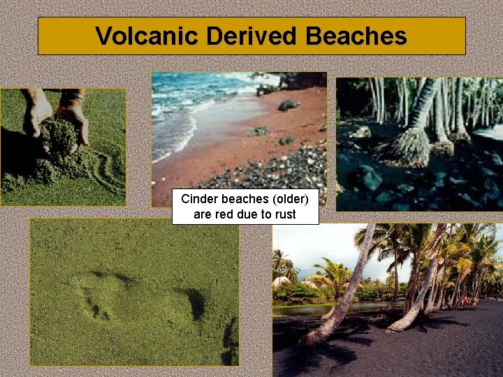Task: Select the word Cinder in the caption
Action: [x=198, y=199]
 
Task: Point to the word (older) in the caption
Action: [x=293, y=199]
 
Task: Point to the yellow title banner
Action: [x=251, y=36]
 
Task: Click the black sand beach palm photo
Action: [x=387, y=300]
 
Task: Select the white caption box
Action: [x=245, y=207]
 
